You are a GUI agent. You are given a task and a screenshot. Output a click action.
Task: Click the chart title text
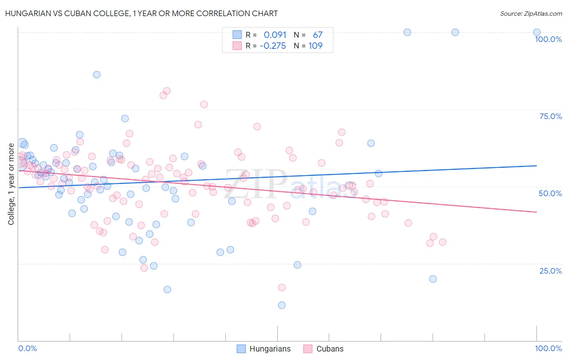(141, 13)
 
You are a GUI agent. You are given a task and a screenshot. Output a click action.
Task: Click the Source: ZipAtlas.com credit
(531, 14)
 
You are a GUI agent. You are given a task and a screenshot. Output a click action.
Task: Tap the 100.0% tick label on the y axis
(548, 39)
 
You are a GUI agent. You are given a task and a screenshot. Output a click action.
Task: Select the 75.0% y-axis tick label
(550, 116)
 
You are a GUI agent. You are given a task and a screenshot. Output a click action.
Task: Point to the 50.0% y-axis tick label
(550, 193)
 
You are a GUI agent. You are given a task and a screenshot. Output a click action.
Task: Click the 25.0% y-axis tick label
(550, 271)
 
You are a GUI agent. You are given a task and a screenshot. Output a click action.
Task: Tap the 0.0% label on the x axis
(27, 348)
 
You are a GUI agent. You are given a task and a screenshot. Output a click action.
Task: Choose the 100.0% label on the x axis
(548, 348)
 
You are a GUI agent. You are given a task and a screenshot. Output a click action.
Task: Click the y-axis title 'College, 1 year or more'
(11, 184)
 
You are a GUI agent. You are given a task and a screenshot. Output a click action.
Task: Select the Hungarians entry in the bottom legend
(270, 349)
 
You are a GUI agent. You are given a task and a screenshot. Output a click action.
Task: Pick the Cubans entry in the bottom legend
(330, 349)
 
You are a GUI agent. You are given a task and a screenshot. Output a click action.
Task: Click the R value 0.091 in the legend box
(275, 35)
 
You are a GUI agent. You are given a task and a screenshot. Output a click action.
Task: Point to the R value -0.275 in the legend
(273, 46)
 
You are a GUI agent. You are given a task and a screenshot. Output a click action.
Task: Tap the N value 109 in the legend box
(315, 46)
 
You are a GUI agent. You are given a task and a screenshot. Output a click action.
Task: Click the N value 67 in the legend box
(317, 35)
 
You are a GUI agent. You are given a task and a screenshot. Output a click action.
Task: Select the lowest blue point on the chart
(282, 305)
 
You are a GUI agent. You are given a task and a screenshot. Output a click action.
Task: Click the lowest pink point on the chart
(282, 287)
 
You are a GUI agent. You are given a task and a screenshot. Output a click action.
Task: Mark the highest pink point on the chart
(167, 91)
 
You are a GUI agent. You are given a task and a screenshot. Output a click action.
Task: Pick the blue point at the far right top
(537, 32)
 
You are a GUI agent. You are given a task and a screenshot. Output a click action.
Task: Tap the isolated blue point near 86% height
(97, 75)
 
